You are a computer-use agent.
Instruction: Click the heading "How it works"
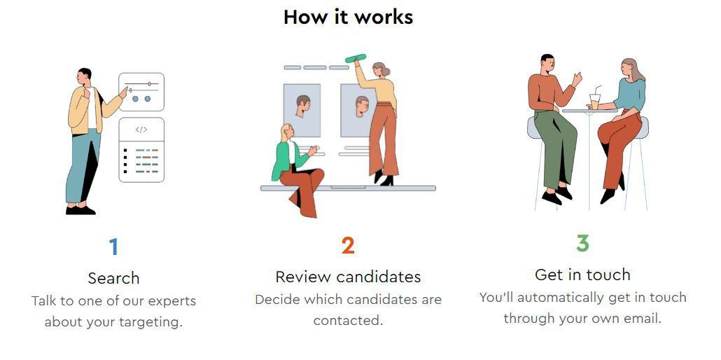tap(348, 17)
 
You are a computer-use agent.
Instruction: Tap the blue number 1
tap(113, 247)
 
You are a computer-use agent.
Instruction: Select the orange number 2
tap(348, 245)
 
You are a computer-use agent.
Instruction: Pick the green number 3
tap(582, 243)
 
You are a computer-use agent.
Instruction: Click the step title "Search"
tap(113, 278)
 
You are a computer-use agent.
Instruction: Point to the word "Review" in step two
tap(303, 277)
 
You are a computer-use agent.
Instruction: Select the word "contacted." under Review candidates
tap(348, 320)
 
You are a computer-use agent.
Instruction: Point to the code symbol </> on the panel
tap(141, 130)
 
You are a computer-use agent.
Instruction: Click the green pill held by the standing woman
tap(356, 58)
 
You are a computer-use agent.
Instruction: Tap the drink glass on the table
tap(594, 102)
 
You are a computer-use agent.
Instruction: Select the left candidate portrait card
tap(302, 111)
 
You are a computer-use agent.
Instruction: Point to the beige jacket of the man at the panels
tap(88, 111)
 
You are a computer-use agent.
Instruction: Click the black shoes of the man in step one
tap(80, 210)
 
